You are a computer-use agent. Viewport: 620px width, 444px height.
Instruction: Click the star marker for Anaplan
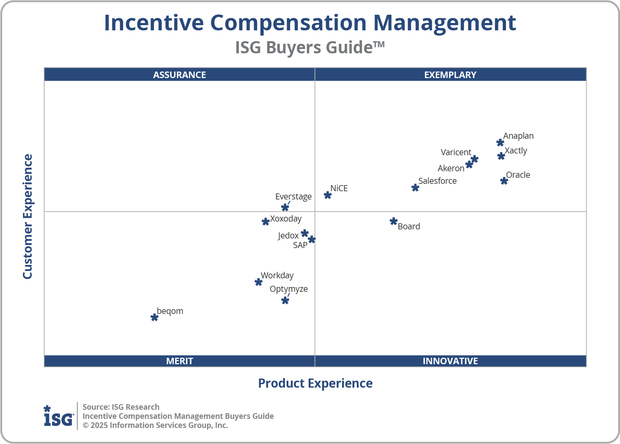pos(500,143)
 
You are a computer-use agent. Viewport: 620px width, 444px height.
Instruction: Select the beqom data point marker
pos(154,317)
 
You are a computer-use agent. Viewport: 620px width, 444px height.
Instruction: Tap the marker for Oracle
pos(504,181)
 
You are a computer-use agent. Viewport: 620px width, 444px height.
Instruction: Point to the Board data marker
pos(393,222)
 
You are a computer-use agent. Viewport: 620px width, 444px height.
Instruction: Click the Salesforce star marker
pos(415,188)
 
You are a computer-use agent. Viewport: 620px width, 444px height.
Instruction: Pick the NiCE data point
pos(328,195)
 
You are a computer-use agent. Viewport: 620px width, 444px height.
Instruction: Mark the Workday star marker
pos(258,282)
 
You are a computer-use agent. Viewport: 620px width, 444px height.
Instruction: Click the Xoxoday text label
pos(286,219)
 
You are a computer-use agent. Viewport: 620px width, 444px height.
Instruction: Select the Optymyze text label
pos(288,289)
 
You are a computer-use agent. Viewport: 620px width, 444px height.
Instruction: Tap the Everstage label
pos(293,196)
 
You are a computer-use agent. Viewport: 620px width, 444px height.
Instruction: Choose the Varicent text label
pos(456,152)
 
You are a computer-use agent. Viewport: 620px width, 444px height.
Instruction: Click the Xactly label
pos(516,150)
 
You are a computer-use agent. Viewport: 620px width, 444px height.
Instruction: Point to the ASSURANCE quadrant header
pos(179,75)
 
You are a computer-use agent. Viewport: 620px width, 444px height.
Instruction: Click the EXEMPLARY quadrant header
pos(450,75)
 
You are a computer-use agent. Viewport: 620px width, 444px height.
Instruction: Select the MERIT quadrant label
pos(179,361)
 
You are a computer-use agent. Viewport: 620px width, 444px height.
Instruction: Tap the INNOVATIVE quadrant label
pos(450,361)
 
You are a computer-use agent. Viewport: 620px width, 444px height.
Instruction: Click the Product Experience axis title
pos(315,383)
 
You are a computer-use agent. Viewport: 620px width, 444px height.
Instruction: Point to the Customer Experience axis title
pos(28,217)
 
